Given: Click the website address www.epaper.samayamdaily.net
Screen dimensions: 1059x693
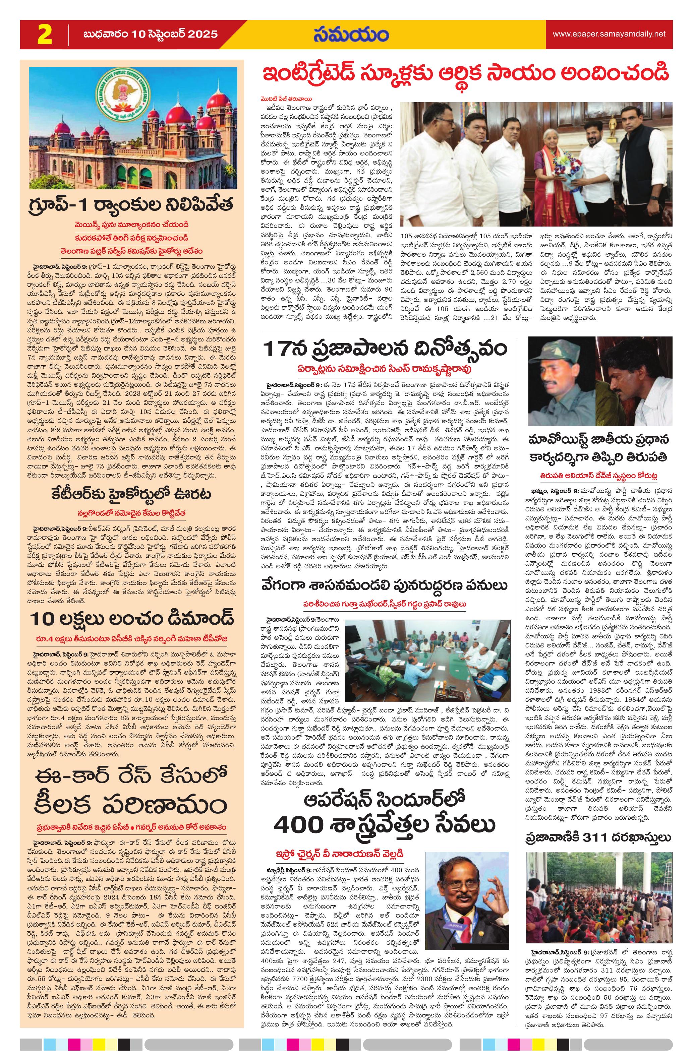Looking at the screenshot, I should [609, 34].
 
